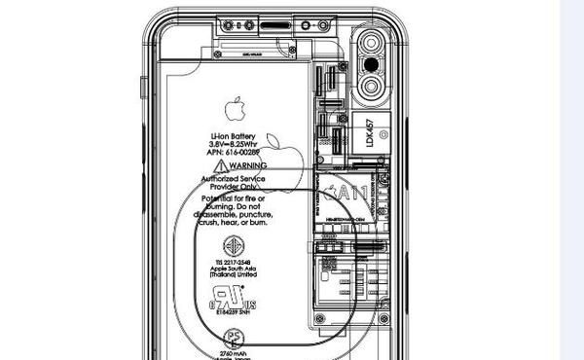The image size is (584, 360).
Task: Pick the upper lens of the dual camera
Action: (372, 45)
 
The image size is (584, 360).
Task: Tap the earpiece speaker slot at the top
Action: (275, 22)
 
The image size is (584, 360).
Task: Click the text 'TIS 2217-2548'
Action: (234, 261)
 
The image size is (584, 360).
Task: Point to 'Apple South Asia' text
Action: (234, 269)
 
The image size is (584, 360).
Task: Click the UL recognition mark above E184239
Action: (232, 296)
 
